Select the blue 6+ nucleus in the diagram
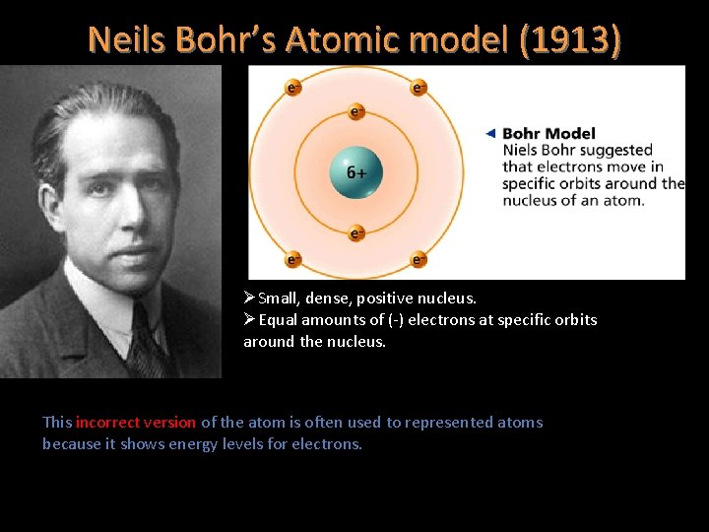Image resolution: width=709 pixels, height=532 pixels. click(355, 171)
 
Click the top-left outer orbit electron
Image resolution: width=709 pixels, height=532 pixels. click(292, 88)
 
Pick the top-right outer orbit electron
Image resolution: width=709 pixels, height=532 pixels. click(419, 88)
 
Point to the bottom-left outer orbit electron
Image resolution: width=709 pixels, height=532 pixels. click(292, 260)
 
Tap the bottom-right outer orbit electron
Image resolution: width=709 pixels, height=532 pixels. click(419, 260)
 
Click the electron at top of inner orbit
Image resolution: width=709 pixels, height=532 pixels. click(356, 111)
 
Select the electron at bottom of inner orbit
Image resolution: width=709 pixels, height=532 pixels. click(356, 233)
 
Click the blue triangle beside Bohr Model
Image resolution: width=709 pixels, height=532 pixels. click(490, 133)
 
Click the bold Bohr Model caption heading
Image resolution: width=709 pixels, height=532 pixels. click(548, 133)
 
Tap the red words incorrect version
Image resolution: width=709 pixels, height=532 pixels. click(136, 422)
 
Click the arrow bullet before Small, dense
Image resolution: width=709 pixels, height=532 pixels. click(250, 298)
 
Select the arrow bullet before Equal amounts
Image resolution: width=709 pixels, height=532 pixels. click(250, 319)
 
